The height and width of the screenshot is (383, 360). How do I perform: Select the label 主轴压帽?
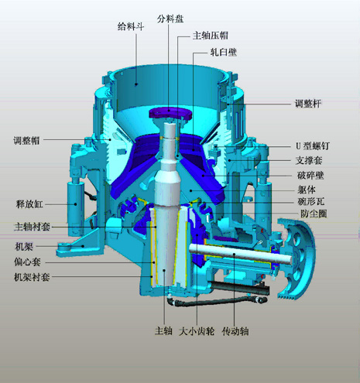pyautogui.click(x=210, y=36)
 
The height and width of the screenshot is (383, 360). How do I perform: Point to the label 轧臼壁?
pyautogui.click(x=223, y=53)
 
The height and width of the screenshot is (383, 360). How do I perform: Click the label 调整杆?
pyautogui.click(x=307, y=104)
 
